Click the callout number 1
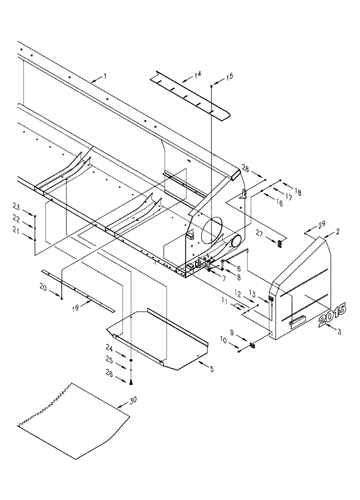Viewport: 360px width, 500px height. pyautogui.click(x=105, y=76)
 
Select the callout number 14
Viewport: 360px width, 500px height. pyautogui.click(x=198, y=74)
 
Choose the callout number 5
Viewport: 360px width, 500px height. pyautogui.click(x=211, y=369)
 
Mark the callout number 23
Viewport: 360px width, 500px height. pyautogui.click(x=16, y=206)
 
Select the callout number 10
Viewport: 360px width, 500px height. pyautogui.click(x=222, y=340)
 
